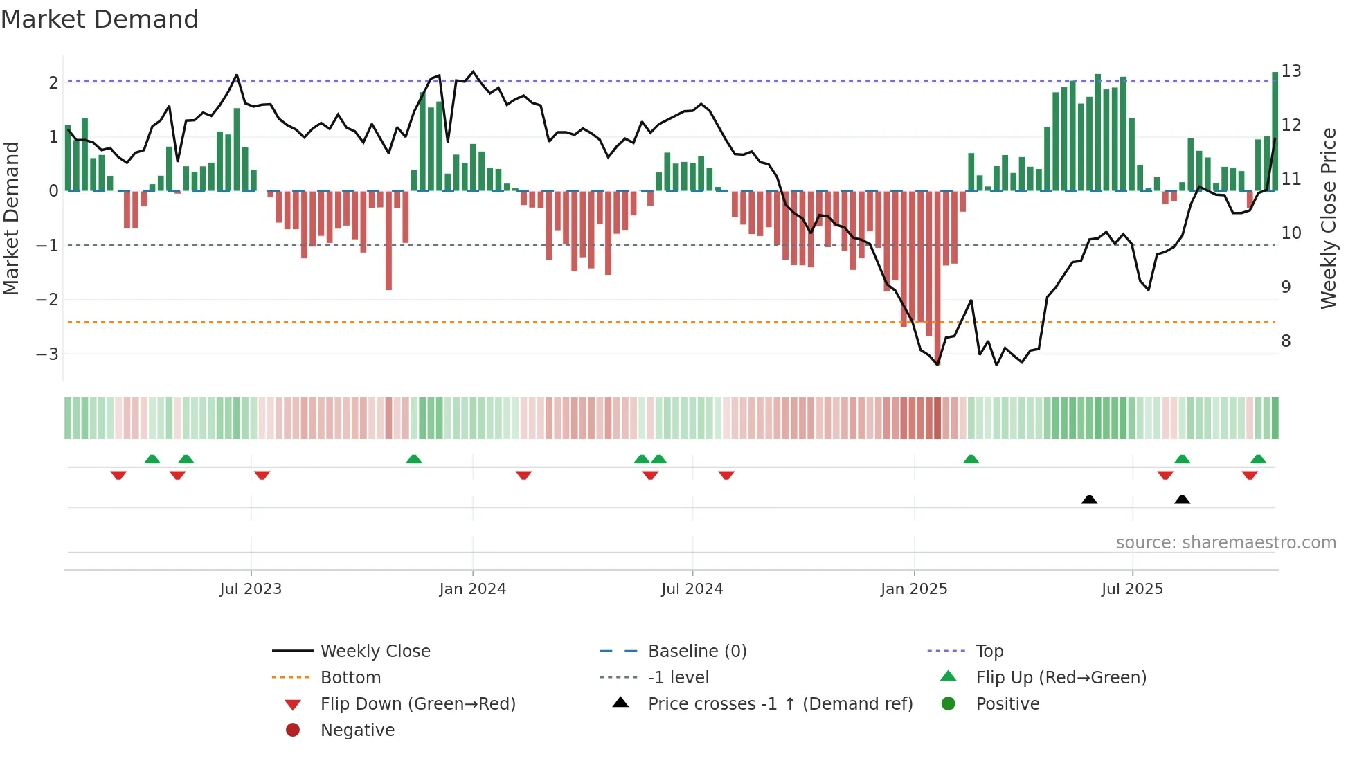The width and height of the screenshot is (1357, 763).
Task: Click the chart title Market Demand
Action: pyautogui.click(x=100, y=19)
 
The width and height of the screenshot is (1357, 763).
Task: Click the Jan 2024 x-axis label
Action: pyautogui.click(x=472, y=589)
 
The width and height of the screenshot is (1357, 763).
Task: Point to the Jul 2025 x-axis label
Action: pyautogui.click(x=1132, y=589)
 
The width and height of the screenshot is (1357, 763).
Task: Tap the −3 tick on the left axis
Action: pyautogui.click(x=47, y=354)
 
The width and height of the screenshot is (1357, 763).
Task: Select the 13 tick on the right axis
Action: pyautogui.click(x=1291, y=71)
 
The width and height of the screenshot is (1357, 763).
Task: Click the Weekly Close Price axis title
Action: pyautogui.click(x=1328, y=218)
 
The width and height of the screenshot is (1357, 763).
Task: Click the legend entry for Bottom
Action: pyautogui.click(x=350, y=678)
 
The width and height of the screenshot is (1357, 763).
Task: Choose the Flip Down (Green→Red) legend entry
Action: pyautogui.click(x=417, y=704)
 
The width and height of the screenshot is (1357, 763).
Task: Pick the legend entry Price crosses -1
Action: pyautogui.click(x=780, y=704)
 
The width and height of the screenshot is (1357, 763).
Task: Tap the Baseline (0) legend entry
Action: pyautogui.click(x=697, y=652)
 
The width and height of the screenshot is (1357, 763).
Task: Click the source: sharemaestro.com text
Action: pyautogui.click(x=1225, y=543)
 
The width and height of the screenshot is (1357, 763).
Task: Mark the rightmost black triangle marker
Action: pyautogui.click(x=1182, y=499)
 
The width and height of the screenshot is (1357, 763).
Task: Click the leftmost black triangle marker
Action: pyautogui.click(x=1089, y=499)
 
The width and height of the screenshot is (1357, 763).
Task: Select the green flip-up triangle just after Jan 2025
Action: pyautogui.click(x=971, y=459)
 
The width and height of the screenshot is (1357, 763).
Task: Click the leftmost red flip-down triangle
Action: pyautogui.click(x=118, y=475)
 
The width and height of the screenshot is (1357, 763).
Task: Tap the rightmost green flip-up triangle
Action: pyautogui.click(x=1258, y=459)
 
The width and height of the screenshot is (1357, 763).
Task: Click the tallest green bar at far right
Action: pyautogui.click(x=1275, y=132)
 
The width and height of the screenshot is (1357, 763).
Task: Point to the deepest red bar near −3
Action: pyautogui.click(x=937, y=277)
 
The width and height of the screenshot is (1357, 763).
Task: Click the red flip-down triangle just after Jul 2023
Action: pyautogui.click(x=262, y=475)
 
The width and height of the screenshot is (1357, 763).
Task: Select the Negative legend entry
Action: pyautogui.click(x=357, y=730)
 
